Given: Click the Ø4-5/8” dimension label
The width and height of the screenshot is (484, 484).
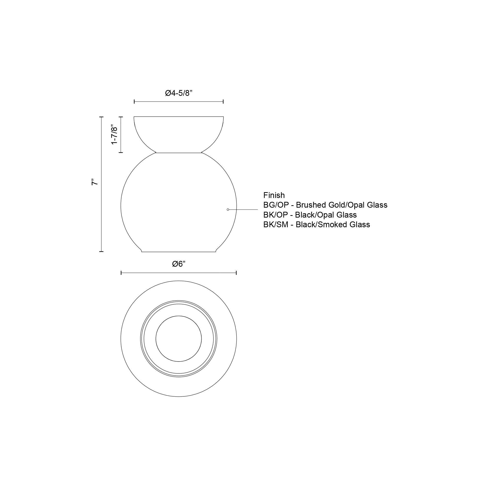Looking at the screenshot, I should [178, 93].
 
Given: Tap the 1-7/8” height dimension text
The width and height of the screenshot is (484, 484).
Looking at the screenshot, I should [114, 135].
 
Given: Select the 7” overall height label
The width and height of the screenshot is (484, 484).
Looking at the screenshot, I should [94, 182].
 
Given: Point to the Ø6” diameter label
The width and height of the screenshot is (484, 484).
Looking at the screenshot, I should [179, 264].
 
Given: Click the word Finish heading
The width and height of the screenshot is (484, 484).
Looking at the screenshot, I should [274, 195].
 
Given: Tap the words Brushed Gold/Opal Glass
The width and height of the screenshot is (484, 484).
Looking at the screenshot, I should [341, 205].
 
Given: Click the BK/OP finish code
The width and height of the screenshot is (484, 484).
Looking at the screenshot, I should [275, 215].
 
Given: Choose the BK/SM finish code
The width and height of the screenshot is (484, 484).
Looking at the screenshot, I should [276, 225].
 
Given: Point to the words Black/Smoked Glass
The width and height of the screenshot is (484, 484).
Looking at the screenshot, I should [333, 225].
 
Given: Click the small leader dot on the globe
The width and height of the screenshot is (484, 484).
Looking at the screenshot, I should [228, 209].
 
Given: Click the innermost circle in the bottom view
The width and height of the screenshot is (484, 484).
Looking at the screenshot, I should [179, 339].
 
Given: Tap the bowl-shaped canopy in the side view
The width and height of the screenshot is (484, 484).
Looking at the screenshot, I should [179, 133].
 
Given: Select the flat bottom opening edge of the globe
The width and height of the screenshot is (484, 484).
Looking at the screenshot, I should [179, 252].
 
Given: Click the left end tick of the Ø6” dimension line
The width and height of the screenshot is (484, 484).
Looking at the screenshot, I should [121, 273].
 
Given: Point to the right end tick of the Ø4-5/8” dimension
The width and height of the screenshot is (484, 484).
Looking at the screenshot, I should [223, 101].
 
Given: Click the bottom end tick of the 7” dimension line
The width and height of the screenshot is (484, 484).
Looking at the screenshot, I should [101, 251].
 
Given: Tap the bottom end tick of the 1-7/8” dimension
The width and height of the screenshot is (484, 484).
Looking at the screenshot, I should [121, 152].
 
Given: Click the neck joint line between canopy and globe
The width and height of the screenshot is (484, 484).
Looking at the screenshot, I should [179, 152].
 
